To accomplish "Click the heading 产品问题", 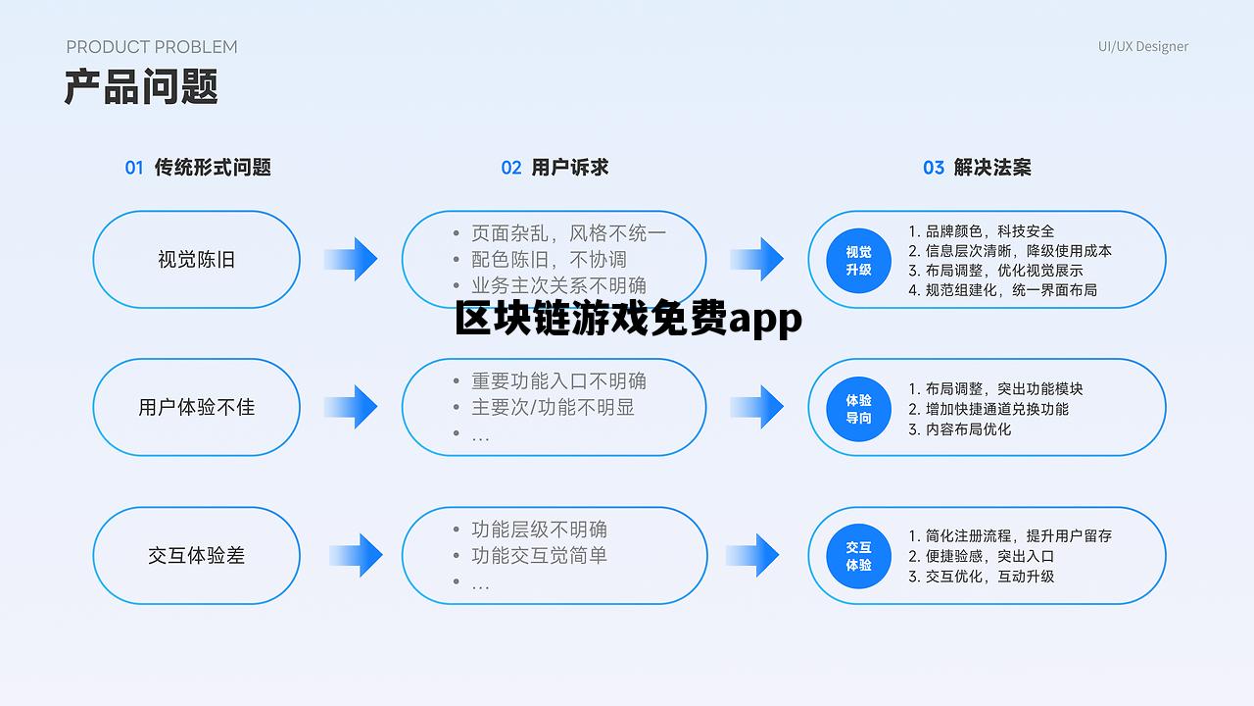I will coord(141,87).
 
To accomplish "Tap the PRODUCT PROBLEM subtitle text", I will coord(152,46).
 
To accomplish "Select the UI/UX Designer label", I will coord(1142,46).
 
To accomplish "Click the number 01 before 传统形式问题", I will coord(134,168).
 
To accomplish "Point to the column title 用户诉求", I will coord(569,168).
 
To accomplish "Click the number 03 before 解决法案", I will coord(934,168).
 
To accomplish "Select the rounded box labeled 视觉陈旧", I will coord(196,260).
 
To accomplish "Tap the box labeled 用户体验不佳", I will coord(196,407).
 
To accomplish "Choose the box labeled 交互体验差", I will coord(196,555).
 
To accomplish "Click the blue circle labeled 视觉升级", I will coord(858,260).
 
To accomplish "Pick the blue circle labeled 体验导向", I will coord(858,408).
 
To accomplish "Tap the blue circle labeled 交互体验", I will coord(858,556).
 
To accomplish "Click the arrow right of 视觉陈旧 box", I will coord(351,260).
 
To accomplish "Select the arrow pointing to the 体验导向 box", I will coord(756,407).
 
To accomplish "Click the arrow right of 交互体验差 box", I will coord(356,555).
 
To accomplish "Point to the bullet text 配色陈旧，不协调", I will coord(549,260).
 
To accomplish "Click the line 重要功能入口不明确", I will coord(558,381).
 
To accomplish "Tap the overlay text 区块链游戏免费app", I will coord(628,320).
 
